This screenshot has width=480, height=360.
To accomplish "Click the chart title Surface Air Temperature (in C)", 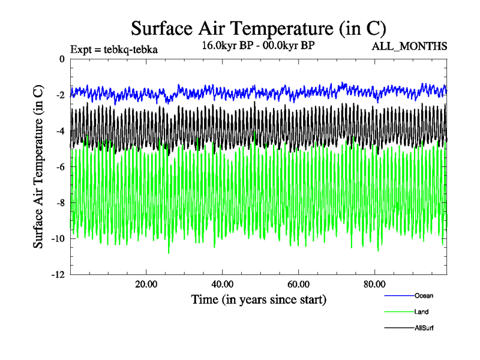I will pyautogui.click(x=258, y=29).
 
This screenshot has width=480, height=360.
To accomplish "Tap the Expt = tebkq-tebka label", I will pyautogui.click(x=114, y=50).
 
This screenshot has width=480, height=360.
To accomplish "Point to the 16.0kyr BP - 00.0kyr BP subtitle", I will pyautogui.click(x=258, y=45).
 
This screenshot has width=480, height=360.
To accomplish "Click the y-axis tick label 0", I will pyautogui.click(x=62, y=59).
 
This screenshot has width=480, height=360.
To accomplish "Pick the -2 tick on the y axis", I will pyautogui.click(x=59, y=95).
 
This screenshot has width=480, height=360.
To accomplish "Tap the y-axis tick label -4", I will pyautogui.click(x=59, y=131).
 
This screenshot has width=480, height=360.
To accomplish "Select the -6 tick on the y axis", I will pyautogui.click(x=59, y=167).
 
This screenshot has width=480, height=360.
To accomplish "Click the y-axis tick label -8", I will pyautogui.click(x=59, y=203).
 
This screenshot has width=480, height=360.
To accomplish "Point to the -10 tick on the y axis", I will pyautogui.click(x=57, y=239).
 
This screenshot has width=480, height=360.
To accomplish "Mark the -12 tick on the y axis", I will pyautogui.click(x=57, y=275).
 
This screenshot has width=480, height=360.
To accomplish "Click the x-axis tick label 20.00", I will pyautogui.click(x=146, y=284).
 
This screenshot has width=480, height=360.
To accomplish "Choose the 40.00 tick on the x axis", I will pyautogui.click(x=223, y=284).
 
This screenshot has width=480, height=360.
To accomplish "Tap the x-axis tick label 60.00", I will pyautogui.click(x=298, y=284).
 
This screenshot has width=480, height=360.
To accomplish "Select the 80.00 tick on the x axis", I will pyautogui.click(x=374, y=284).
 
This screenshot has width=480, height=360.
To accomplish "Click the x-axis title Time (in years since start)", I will pyautogui.click(x=259, y=299).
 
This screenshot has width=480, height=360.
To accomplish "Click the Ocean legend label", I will pyautogui.click(x=424, y=295).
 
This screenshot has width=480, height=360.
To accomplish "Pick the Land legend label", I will pyautogui.click(x=421, y=311).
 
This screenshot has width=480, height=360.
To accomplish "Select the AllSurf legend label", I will pyautogui.click(x=424, y=328).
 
